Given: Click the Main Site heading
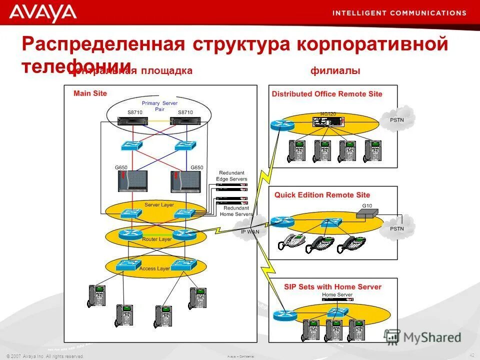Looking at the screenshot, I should (90, 93).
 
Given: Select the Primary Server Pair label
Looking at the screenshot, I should (159, 106).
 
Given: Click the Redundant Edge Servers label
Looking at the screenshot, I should (231, 175).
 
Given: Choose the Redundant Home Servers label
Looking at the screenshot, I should (236, 211).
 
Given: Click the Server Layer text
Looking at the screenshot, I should (159, 205).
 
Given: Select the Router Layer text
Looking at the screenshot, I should (157, 239).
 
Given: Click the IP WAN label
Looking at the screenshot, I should (250, 231).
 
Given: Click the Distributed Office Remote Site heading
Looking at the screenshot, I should (327, 94).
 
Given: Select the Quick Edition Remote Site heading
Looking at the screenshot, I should (322, 195).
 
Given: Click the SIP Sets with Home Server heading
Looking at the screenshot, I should (332, 287).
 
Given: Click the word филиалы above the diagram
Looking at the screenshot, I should (335, 71).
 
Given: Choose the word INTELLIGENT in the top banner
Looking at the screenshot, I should (357, 12).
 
